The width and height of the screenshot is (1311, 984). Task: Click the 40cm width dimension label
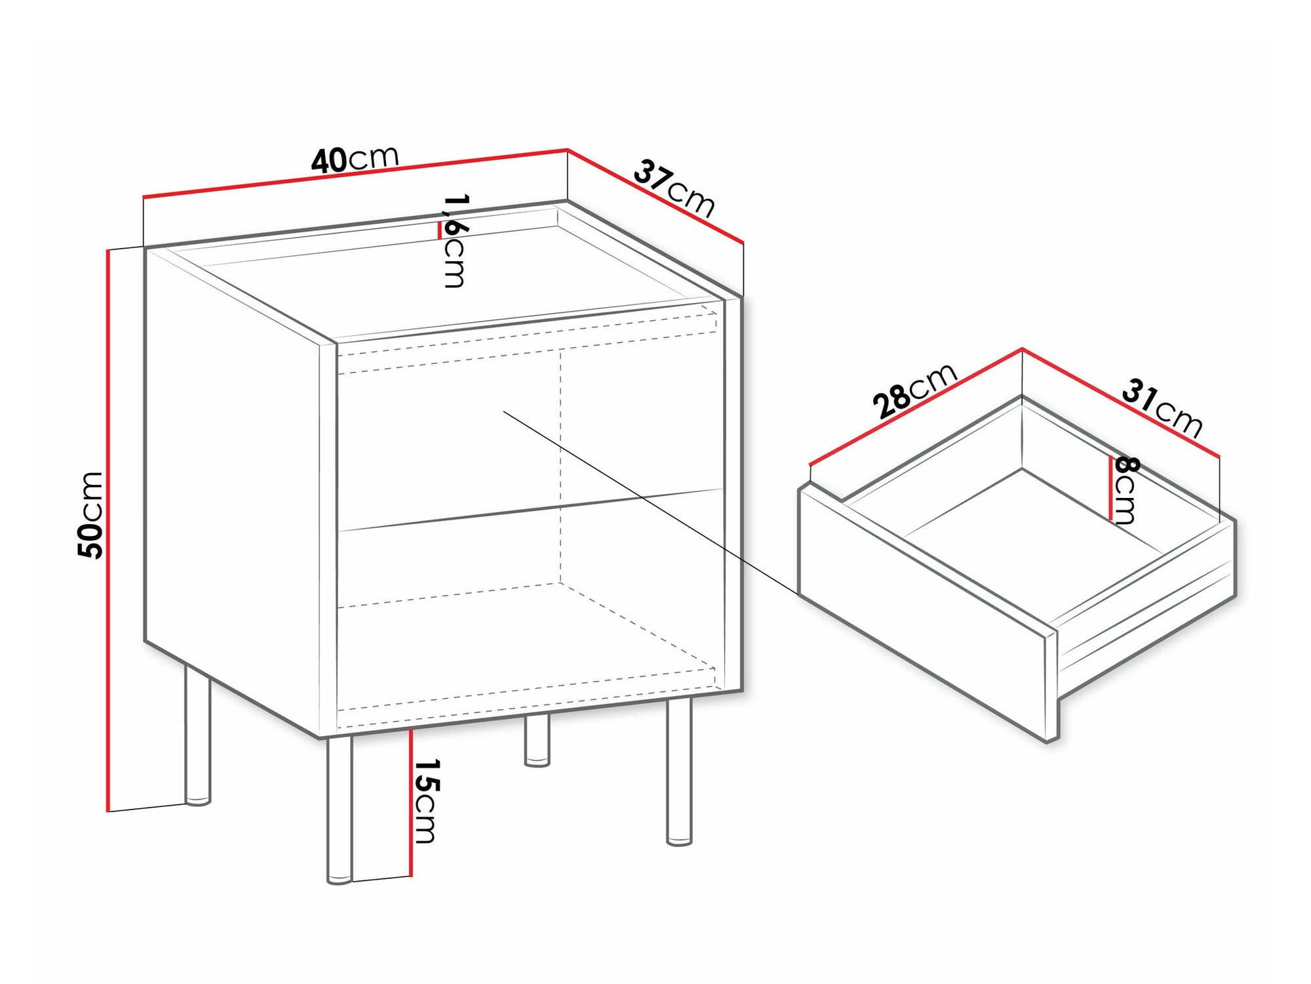355,160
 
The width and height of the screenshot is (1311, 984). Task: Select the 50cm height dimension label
90,515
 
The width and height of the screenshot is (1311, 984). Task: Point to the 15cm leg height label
426,800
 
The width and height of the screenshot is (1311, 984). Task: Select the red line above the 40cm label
355,174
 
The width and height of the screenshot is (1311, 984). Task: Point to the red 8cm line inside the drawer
1110,488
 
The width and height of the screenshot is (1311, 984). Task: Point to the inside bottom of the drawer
1023,525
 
